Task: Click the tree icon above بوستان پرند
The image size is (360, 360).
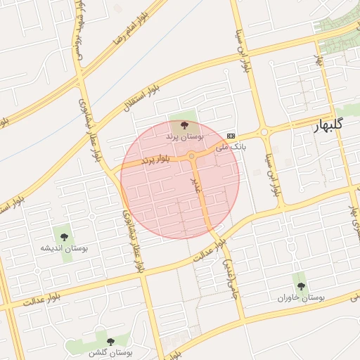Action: (184, 125)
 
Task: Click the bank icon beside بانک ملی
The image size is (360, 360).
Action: (231, 136)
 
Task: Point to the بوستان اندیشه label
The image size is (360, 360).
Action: (64, 248)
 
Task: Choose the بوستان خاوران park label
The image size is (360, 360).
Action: (302, 297)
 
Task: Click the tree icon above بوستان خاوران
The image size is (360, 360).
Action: (302, 286)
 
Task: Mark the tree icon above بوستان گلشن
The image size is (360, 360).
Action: (109, 341)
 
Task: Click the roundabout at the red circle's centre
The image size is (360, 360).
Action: (191, 156)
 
